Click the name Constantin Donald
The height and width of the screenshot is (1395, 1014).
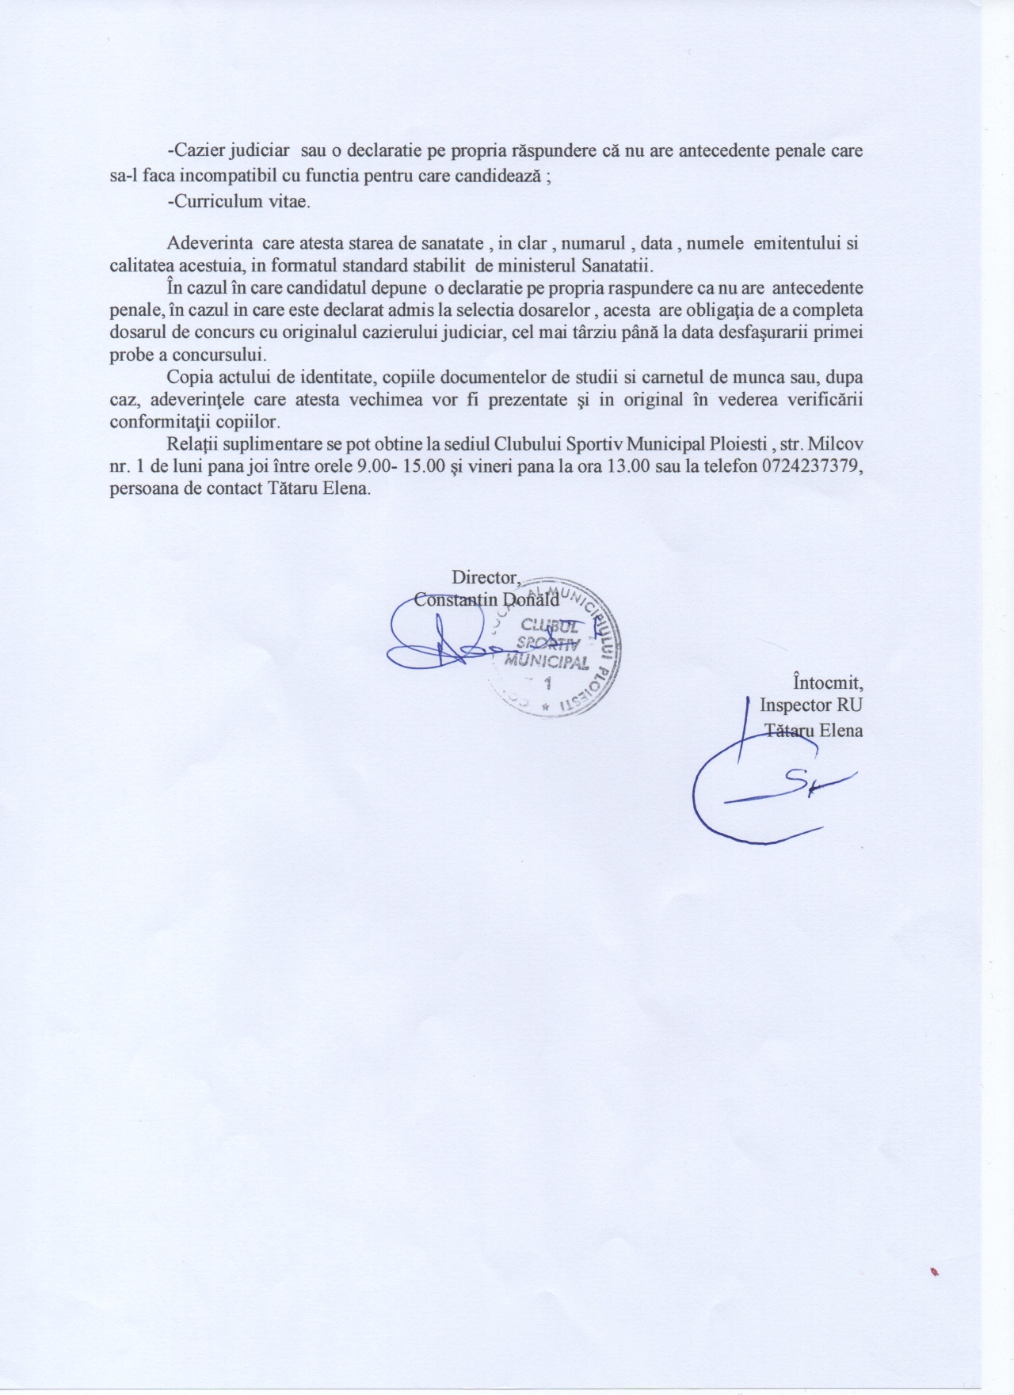[x=486, y=599]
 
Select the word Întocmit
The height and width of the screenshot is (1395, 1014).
[x=828, y=681]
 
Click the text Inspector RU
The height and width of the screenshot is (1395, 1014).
[x=811, y=705]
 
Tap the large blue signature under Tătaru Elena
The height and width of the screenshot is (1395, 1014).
[x=760, y=792]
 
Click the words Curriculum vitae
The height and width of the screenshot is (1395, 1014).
[x=238, y=201]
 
